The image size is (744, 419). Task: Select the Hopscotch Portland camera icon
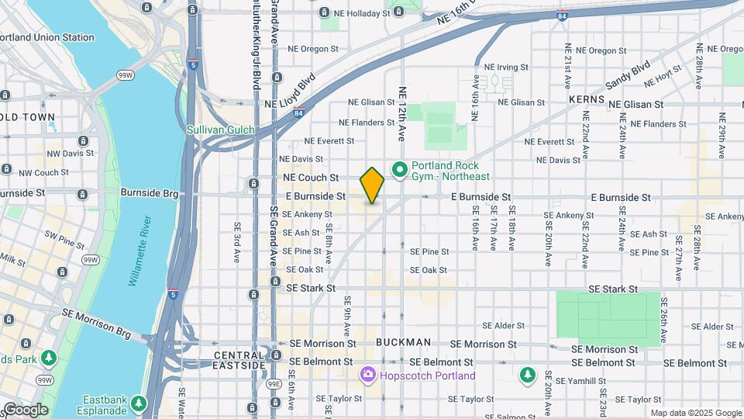point(368,376)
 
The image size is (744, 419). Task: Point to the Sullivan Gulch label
point(220,130)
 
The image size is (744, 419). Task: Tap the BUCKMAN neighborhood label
point(403,342)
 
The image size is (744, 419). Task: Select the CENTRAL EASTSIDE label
point(240,355)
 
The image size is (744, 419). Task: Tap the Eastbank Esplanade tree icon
point(139,403)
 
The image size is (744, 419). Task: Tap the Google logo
point(25,410)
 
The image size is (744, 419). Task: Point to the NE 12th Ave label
point(401,113)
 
